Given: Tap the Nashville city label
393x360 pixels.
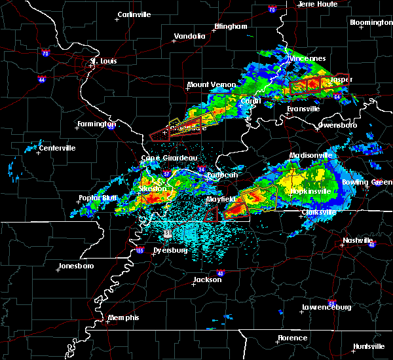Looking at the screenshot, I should tap(358, 240).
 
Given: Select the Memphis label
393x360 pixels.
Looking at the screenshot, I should tap(124, 317).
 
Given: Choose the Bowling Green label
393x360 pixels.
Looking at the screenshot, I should tap(374, 181).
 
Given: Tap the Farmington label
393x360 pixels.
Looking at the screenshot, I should tap(97, 124).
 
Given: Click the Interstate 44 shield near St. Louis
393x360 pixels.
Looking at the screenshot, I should tap(41, 79).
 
